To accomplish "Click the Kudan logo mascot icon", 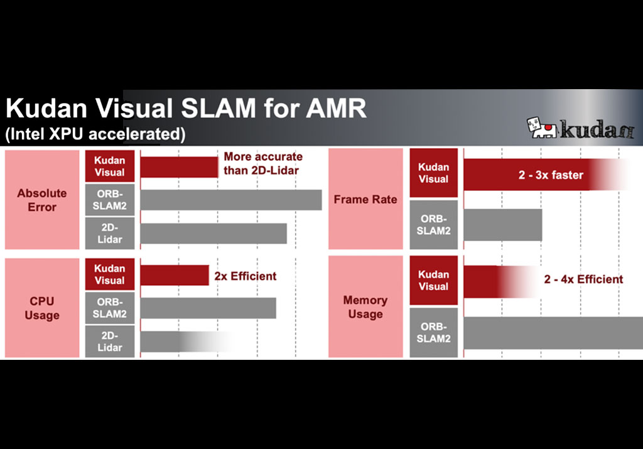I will point(541,127).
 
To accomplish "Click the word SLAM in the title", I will point(217,109).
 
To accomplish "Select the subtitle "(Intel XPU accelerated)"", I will point(95,134).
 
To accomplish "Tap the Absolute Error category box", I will point(42,200).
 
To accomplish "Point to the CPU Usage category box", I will point(42,308).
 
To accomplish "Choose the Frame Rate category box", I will point(365,200).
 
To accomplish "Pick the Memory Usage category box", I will point(365,307).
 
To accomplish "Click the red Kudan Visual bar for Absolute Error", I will point(179,167).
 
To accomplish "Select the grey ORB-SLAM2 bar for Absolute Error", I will point(230,200).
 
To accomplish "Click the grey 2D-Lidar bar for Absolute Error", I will point(213,233).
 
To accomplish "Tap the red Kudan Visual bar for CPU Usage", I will point(175,275).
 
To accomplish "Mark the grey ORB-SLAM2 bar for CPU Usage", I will point(208,308).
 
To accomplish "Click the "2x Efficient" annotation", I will point(245,276).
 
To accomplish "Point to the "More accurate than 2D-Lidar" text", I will point(263,162).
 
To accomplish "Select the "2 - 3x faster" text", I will point(551,175).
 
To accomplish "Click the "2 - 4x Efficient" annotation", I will point(583,279).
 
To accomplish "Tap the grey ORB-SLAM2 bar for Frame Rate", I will point(502,224).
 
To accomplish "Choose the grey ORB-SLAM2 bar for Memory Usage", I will point(553,332).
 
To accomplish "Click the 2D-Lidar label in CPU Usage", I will point(110,341).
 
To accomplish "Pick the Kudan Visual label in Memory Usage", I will point(433,280).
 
